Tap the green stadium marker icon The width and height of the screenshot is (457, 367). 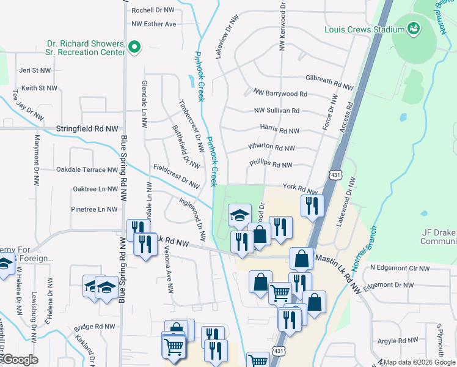pyautogui.click(x=414, y=29)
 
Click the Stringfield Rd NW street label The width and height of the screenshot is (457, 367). pyautogui.click(x=87, y=129)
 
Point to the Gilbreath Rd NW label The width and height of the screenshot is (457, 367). pyautogui.click(x=329, y=80)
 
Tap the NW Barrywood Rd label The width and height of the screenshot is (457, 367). pyautogui.click(x=280, y=94)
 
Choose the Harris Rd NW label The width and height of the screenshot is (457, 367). pyautogui.click(x=279, y=130)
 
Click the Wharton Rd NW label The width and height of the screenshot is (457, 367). pyautogui.click(x=271, y=147)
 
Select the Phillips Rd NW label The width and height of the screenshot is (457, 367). pyautogui.click(x=271, y=165)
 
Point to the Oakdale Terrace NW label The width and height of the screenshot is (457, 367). pyautogui.click(x=87, y=169)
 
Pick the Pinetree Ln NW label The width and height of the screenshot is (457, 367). pyautogui.click(x=94, y=209)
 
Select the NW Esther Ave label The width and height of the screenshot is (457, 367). pyautogui.click(x=153, y=24)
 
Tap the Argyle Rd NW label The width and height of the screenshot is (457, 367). pyautogui.click(x=397, y=340)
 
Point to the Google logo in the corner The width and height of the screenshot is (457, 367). pyautogui.click(x=21, y=360)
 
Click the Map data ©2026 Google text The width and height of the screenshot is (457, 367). pyautogui.click(x=419, y=362)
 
